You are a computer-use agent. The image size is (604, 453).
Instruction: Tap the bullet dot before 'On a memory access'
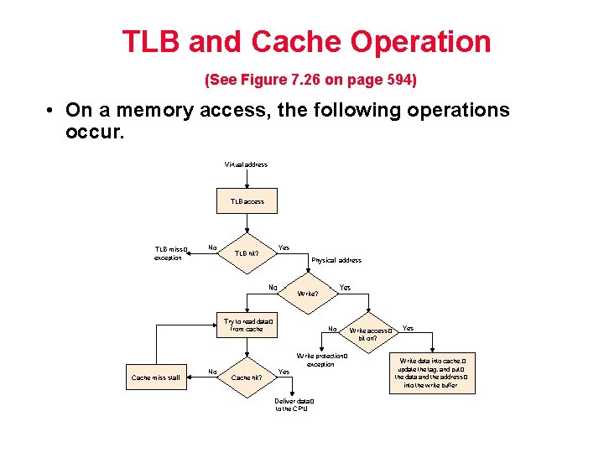coord(51,111)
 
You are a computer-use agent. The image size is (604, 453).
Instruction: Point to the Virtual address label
coord(246,164)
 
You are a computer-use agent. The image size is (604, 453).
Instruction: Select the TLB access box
coord(247,201)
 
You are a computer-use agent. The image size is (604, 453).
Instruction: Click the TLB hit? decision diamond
coord(247,253)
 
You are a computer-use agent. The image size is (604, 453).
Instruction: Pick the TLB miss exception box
coord(170,253)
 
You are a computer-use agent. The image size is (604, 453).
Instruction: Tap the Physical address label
coord(336,260)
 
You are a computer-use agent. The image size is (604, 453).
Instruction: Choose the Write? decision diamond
coord(307,294)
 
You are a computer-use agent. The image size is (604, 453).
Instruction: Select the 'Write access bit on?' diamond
coord(370,334)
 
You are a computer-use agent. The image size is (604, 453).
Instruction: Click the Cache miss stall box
coord(155,377)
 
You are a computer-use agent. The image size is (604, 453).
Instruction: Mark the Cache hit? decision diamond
coord(247,377)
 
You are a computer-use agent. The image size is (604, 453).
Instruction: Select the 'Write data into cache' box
coord(431,372)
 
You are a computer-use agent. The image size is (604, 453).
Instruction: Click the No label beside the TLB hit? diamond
coord(212,247)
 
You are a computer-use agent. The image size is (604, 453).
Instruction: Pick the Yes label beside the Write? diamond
coord(345,288)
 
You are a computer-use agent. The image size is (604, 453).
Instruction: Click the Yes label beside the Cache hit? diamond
coord(284,372)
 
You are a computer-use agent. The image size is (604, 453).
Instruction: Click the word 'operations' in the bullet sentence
coord(448,111)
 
